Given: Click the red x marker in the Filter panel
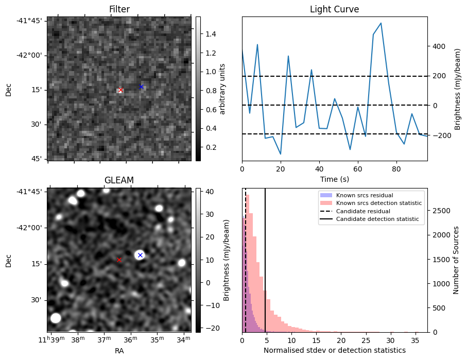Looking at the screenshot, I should click(120, 90).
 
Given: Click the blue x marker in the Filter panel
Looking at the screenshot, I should click(141, 87).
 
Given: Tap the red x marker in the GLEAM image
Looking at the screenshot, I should click(119, 260).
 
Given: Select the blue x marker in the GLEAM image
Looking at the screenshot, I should click(140, 255).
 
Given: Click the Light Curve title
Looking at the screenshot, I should click(334, 9).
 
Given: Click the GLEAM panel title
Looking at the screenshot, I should click(119, 180).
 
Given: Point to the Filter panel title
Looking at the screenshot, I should click(119, 9).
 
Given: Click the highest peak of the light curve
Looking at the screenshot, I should click(380, 23).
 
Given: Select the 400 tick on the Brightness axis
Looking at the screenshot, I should click(439, 46).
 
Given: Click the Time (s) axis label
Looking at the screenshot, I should click(334, 178).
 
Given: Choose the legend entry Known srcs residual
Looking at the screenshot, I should click(364, 195).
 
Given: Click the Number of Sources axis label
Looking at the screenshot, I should click(456, 260).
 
